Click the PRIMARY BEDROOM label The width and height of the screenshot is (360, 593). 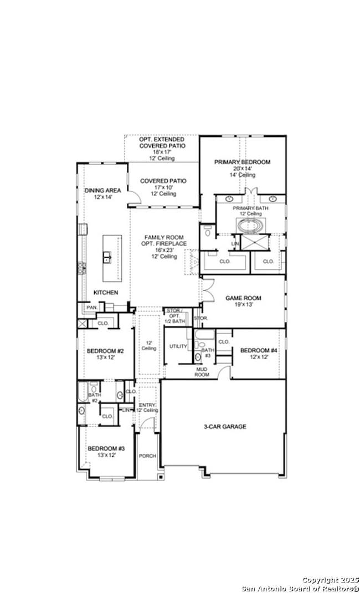click(x=243, y=162)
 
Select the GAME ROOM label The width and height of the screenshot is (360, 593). click(x=243, y=298)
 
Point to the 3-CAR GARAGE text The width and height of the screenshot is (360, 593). click(x=225, y=427)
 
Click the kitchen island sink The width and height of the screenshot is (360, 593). click(x=107, y=257)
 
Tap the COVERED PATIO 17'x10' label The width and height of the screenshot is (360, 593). click(x=163, y=181)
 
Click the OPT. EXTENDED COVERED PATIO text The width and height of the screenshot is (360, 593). click(x=162, y=142)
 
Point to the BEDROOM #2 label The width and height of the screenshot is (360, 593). click(x=105, y=351)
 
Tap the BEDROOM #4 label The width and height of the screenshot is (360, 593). click(x=258, y=351)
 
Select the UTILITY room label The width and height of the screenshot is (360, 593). click(x=178, y=346)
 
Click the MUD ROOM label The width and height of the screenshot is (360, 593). click(x=202, y=372)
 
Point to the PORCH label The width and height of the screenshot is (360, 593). click(x=148, y=456)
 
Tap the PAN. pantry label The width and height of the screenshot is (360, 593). click(x=91, y=307)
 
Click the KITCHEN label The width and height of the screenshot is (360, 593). click(x=105, y=293)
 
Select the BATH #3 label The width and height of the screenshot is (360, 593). click(x=207, y=352)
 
